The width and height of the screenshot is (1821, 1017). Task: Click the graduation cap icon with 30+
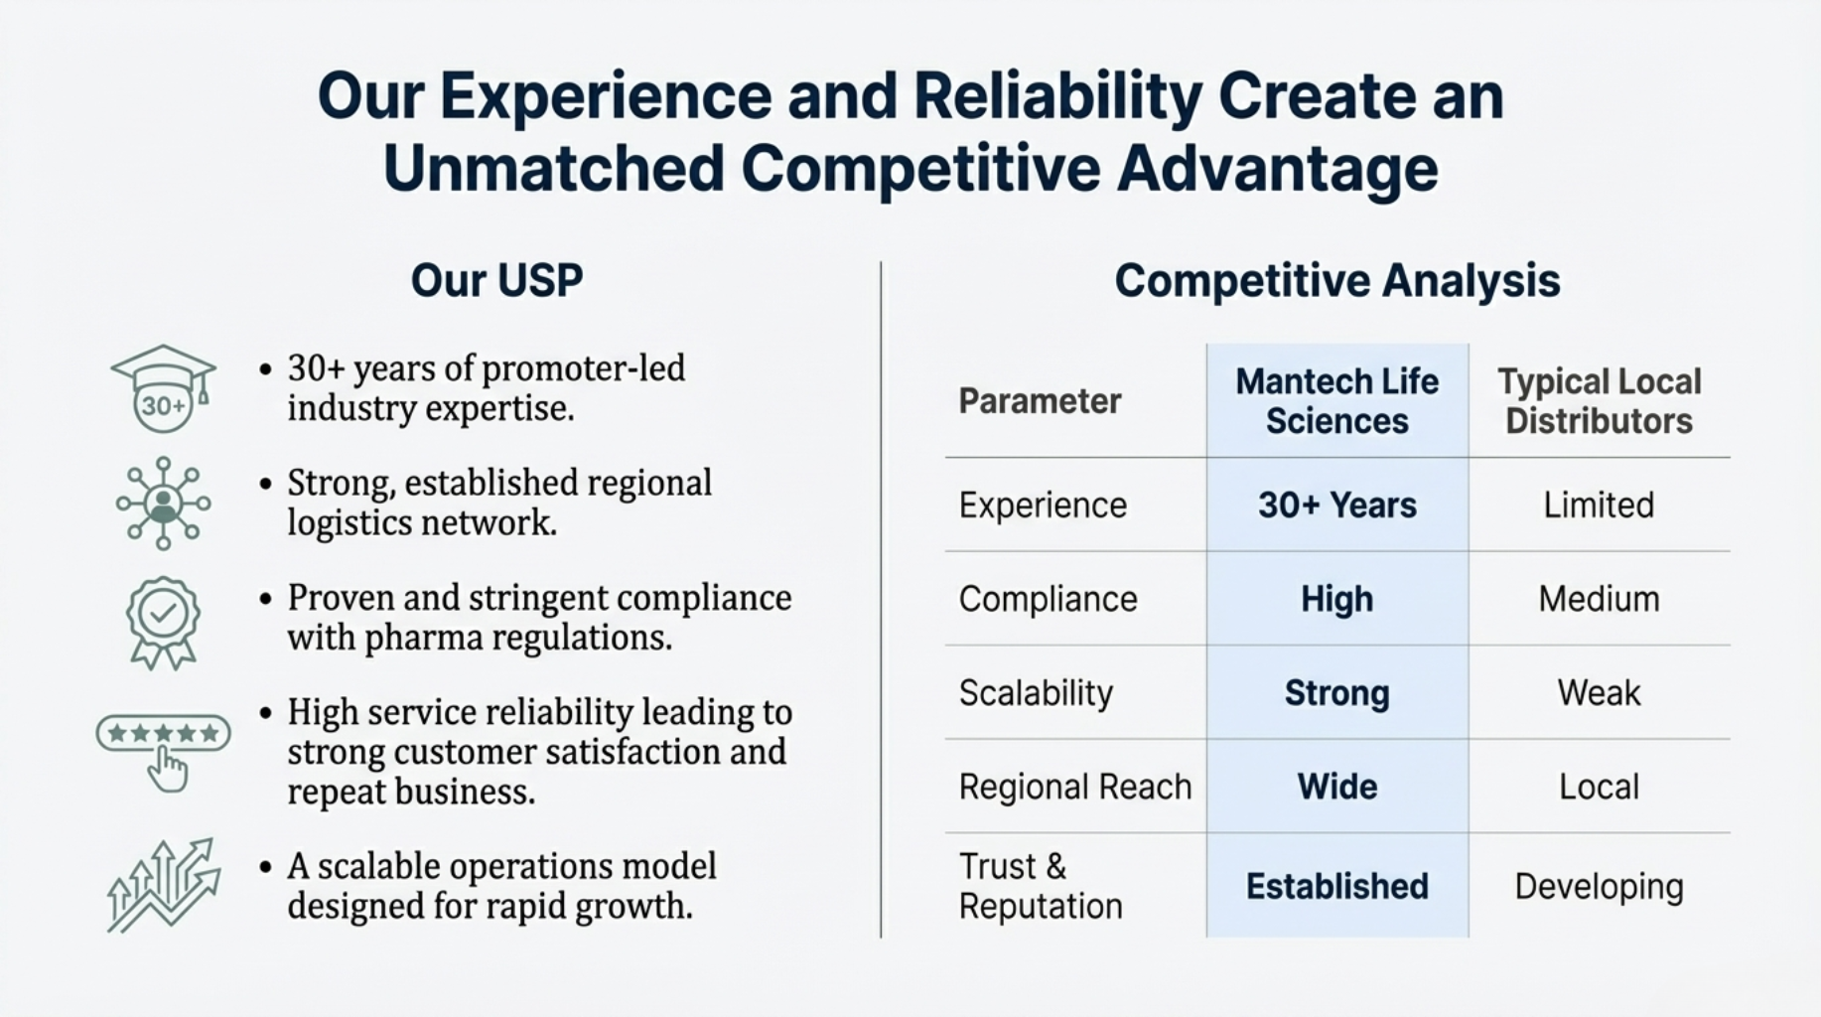[163, 388]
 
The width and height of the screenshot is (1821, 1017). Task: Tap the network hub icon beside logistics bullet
[164, 504]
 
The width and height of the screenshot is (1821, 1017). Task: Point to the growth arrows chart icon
[164, 885]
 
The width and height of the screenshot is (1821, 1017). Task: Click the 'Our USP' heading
[496, 280]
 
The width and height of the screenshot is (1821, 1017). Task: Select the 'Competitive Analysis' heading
[1337, 281]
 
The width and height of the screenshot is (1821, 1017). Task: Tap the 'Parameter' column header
[1040, 401]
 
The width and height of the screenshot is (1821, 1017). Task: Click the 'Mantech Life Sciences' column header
[1336, 400]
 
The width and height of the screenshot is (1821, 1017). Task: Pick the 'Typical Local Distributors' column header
[1599, 400]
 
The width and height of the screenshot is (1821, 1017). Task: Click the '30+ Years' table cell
[1336, 506]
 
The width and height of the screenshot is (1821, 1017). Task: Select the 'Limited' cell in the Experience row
[1599, 506]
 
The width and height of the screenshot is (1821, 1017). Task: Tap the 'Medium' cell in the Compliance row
[1599, 599]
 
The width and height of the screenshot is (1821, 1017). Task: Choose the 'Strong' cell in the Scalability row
[1336, 693]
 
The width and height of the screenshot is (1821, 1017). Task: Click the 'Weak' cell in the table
[1599, 692]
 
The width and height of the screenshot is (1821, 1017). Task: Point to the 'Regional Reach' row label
[1074, 787]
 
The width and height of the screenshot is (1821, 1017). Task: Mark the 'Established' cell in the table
[1336, 886]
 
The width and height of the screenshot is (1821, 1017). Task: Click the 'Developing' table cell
[1599, 887]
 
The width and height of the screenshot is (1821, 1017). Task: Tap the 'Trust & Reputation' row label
[1040, 886]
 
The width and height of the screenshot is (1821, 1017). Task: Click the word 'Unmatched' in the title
[554, 168]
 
